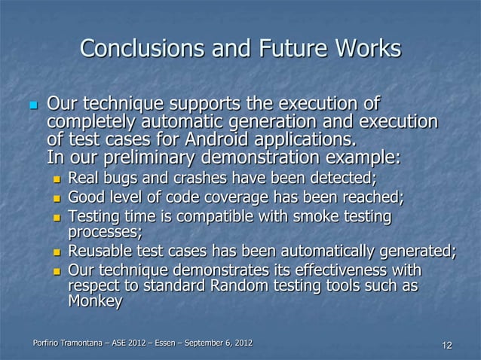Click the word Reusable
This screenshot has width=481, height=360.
[100, 251]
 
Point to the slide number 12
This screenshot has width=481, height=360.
[446, 346]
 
